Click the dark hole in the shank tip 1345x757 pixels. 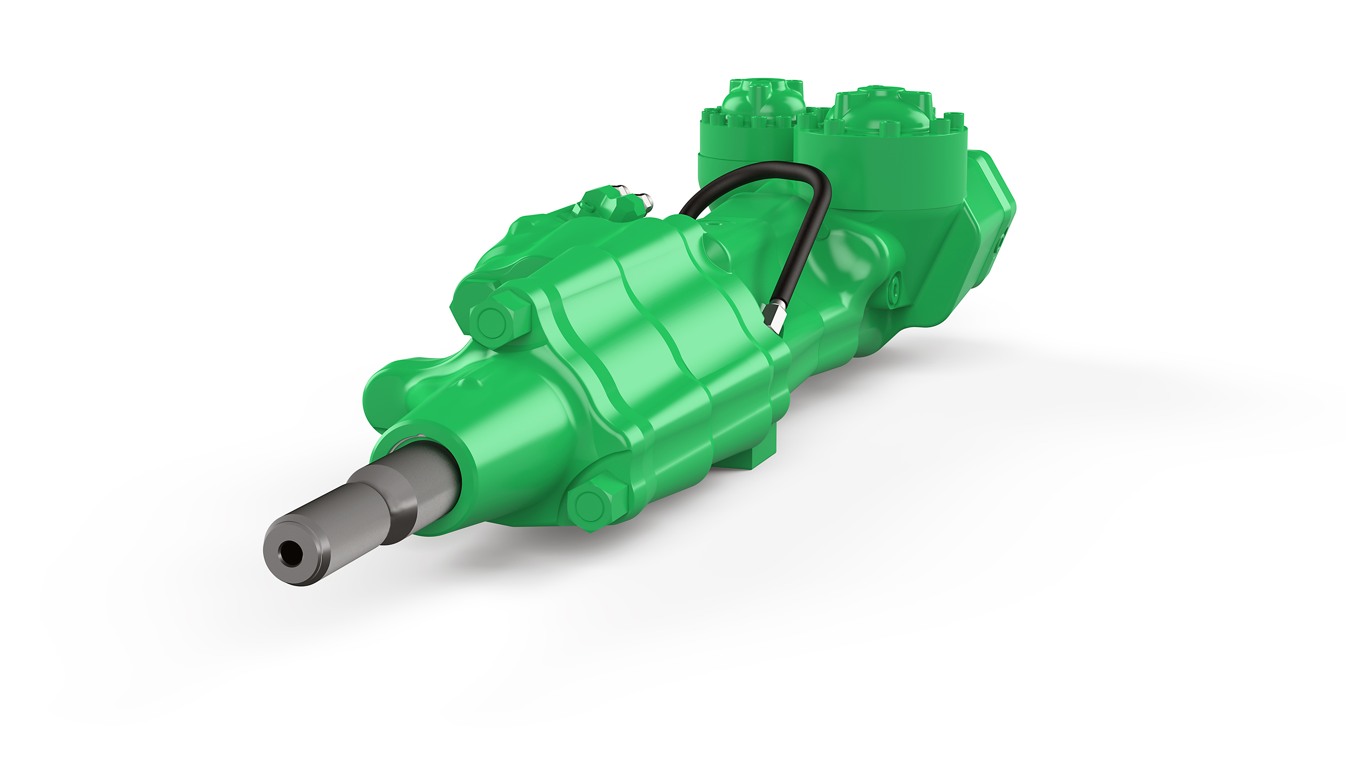[x=289, y=554]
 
